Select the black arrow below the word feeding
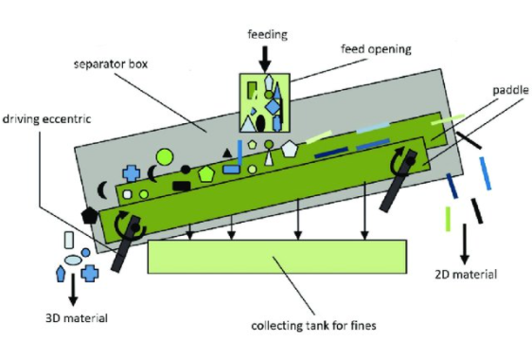pos(267,55)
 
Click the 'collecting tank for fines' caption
pos(308,326)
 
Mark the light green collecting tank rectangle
pos(277,257)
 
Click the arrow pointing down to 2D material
pos(465,249)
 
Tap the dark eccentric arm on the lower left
pos(121,245)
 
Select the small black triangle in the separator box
pos(225,152)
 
